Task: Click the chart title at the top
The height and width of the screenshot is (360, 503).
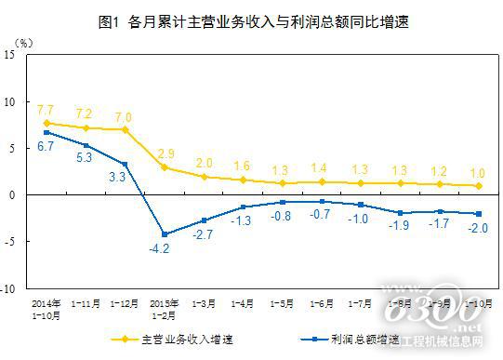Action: (252, 20)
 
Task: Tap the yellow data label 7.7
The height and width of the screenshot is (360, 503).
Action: (46, 110)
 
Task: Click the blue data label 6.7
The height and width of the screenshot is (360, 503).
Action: (46, 146)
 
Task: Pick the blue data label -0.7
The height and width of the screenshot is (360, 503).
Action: (321, 214)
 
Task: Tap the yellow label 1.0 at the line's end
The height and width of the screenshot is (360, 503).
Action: (477, 171)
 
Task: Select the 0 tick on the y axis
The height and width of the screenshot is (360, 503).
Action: (16, 195)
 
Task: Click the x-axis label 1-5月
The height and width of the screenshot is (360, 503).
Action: (282, 301)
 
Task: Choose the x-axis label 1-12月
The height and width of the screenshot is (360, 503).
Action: (125, 301)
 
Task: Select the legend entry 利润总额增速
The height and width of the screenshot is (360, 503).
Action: (359, 340)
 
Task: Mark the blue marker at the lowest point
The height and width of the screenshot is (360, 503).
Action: (164, 233)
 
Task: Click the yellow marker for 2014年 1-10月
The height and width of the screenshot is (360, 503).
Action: (46, 123)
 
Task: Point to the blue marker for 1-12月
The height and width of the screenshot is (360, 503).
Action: (125, 164)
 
